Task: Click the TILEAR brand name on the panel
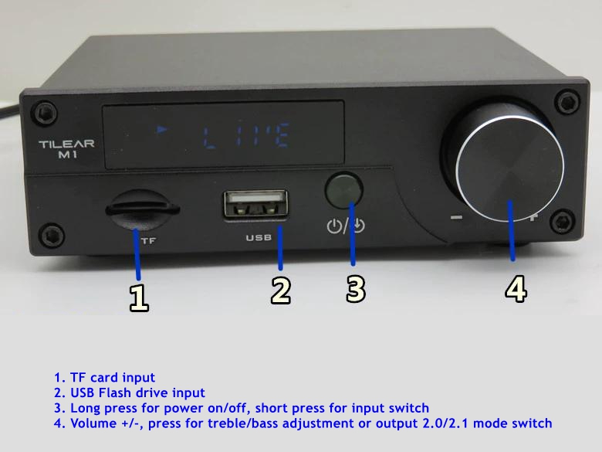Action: (x=66, y=144)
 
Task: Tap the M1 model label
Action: (x=68, y=155)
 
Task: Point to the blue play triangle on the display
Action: (x=162, y=130)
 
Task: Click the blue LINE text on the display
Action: (x=246, y=136)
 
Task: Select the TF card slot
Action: (x=143, y=209)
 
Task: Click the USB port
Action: (x=256, y=204)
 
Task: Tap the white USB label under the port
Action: (x=259, y=238)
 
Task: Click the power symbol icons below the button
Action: (x=346, y=226)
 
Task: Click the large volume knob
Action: (x=509, y=168)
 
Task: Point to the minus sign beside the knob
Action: (x=456, y=218)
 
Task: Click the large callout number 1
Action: (x=139, y=297)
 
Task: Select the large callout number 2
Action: (x=281, y=291)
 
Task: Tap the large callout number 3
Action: (x=356, y=289)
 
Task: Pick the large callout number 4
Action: (x=516, y=288)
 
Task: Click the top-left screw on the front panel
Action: (x=46, y=113)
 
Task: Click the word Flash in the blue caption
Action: (x=117, y=393)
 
